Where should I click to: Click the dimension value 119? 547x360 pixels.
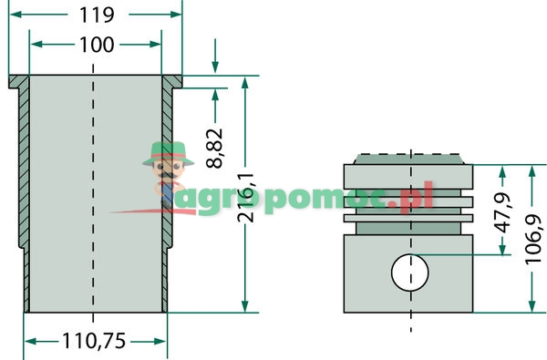click(95, 15)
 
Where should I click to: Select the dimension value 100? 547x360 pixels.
click(96, 44)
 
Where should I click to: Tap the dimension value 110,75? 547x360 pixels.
click(95, 342)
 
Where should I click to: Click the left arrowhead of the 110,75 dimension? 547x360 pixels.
click(30, 342)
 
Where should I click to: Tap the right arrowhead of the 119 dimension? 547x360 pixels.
click(177, 15)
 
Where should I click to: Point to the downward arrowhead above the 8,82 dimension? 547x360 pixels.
click(215, 68)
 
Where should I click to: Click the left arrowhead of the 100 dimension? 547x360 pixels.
click(36, 44)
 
